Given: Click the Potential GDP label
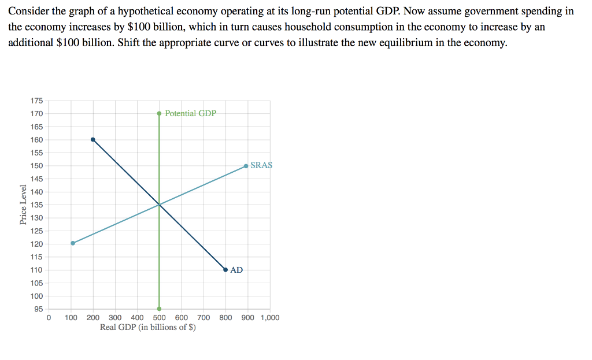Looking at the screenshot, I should tap(190, 113).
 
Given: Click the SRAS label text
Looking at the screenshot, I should tap(261, 165).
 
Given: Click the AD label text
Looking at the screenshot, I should tap(236, 270).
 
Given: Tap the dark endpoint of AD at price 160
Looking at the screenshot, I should tap(93, 139).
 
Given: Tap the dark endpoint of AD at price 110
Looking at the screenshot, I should tap(225, 270).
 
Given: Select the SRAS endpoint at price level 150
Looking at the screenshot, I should tap(246, 166).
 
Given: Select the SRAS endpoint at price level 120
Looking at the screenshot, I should tap(72, 243).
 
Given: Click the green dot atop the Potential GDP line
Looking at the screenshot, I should tap(159, 113).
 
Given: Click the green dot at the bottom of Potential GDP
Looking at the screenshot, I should tap(159, 309).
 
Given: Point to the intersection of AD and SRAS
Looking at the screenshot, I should tap(159, 205).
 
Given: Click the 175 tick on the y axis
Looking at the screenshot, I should tap(36, 101).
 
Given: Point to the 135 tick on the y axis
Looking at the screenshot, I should tap(36, 205).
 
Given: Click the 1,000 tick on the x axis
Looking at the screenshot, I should tap(269, 318).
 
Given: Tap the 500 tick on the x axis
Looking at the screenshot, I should tap(159, 318).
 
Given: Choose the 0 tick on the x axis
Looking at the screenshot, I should tap(49, 318).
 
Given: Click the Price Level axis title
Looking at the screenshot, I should tap(23, 205).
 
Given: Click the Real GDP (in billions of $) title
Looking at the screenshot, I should tap(148, 328).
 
